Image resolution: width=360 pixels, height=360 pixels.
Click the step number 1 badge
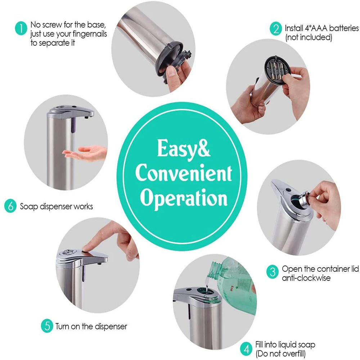21,28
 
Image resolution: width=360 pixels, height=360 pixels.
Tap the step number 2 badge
276,29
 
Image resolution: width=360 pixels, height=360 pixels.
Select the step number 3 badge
272,272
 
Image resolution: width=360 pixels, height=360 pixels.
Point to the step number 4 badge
246,349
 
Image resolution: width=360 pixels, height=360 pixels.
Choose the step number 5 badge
47,326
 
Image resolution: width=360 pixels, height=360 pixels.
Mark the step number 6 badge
10,206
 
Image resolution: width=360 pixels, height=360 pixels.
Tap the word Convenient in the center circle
184,173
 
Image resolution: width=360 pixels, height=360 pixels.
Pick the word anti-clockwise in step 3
306,278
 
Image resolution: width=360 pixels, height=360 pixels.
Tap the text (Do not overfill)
280,354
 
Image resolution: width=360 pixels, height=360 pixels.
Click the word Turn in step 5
62,326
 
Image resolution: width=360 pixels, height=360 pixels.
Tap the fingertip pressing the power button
87,248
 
